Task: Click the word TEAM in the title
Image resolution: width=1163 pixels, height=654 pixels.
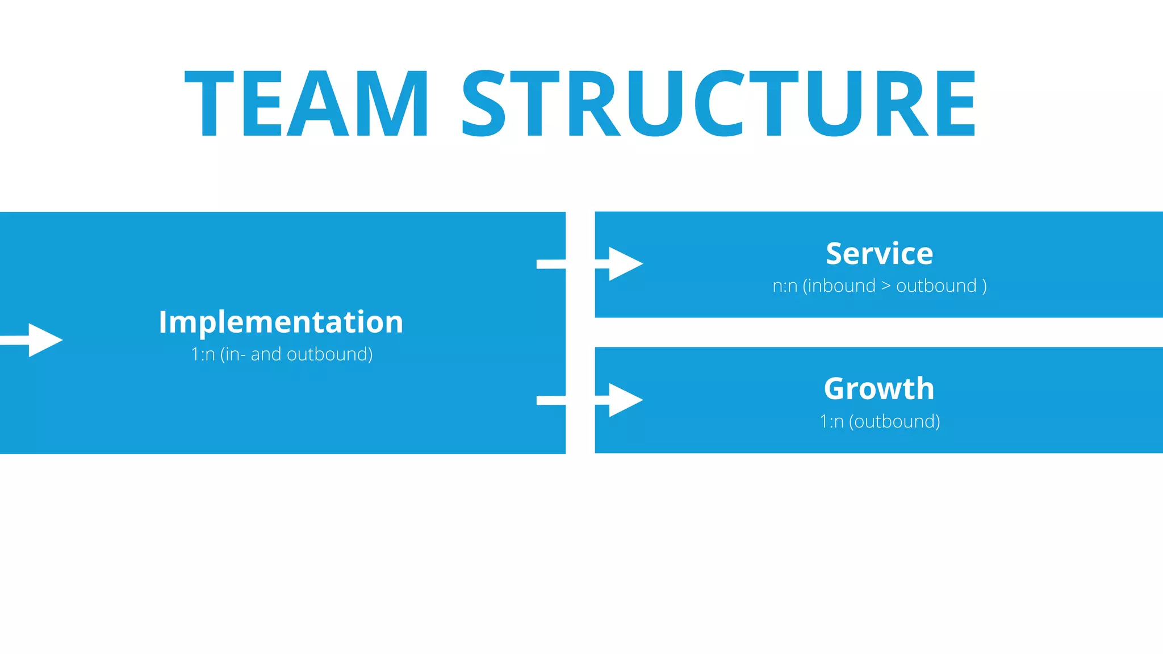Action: (307, 104)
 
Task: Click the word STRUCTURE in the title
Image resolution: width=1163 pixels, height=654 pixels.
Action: (719, 104)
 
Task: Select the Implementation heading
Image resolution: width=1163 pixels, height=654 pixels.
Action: (281, 322)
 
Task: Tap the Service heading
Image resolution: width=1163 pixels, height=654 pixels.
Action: (879, 253)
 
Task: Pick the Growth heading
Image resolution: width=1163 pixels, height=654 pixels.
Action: (879, 389)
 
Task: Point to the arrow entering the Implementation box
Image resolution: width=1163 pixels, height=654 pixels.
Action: (43, 340)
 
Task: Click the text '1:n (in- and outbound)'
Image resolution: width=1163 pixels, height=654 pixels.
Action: (282, 354)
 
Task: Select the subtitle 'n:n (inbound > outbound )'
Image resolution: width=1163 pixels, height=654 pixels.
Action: (879, 286)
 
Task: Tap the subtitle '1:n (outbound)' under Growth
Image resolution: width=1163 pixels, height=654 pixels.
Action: (880, 421)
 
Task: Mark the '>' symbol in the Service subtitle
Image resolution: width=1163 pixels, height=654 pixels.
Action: (886, 286)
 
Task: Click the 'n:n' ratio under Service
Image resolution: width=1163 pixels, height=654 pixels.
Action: (785, 286)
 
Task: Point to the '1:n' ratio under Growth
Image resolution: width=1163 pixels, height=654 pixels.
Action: (831, 422)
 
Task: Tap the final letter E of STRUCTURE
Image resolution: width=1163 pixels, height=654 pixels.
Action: (955, 104)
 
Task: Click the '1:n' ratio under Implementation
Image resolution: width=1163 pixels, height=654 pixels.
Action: (203, 355)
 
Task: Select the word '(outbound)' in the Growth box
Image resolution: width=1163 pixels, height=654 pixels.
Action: (894, 421)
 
